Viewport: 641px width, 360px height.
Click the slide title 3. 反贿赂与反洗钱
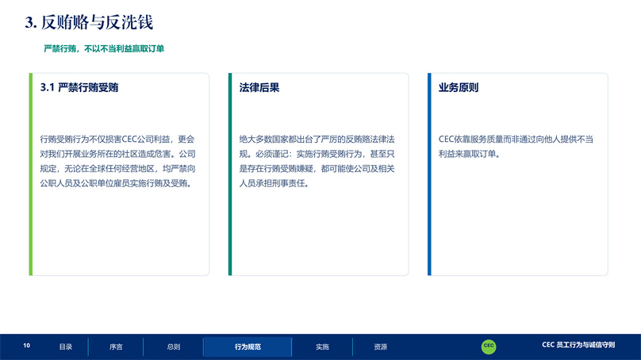pyautogui.click(x=89, y=22)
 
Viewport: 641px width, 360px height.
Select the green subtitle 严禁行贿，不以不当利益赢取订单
pyautogui.click(x=104, y=48)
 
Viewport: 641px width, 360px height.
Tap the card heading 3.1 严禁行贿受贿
pyautogui.click(x=79, y=87)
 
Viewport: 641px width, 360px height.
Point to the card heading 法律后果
pyautogui.click(x=259, y=87)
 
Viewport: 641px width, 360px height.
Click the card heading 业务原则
pyautogui.click(x=459, y=87)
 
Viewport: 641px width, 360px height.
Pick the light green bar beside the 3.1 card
pyautogui.click(x=31, y=174)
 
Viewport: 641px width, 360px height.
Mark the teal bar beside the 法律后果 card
pyautogui.click(x=230, y=174)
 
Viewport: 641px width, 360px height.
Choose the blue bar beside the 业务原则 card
pyautogui.click(x=429, y=174)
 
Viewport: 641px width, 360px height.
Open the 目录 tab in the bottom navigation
pyautogui.click(x=65, y=347)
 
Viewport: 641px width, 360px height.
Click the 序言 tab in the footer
pyautogui.click(x=116, y=347)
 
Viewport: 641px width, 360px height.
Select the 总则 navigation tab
pyautogui.click(x=173, y=347)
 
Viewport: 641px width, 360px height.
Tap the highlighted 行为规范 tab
pyautogui.click(x=248, y=347)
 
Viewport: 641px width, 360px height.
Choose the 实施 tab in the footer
pyautogui.click(x=322, y=347)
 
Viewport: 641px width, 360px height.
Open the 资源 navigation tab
pyautogui.click(x=380, y=347)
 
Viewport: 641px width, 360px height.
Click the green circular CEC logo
pyautogui.click(x=489, y=346)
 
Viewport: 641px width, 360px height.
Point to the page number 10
pyautogui.click(x=26, y=345)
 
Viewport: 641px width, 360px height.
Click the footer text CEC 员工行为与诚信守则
pyautogui.click(x=578, y=345)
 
